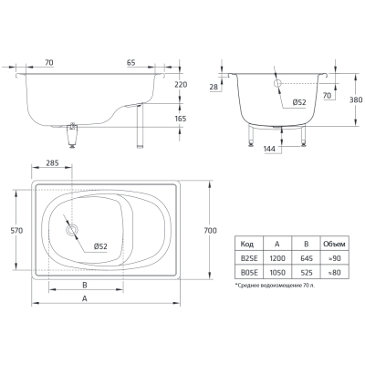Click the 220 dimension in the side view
(x=181, y=85)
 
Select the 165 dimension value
(x=181, y=119)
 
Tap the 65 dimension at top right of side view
(x=130, y=63)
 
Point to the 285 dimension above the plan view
(x=52, y=163)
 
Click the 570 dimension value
(x=16, y=231)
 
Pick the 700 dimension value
(x=211, y=231)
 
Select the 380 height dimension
(x=356, y=99)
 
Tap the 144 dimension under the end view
(x=270, y=149)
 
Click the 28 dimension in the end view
(x=214, y=87)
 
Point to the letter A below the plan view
(x=85, y=298)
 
